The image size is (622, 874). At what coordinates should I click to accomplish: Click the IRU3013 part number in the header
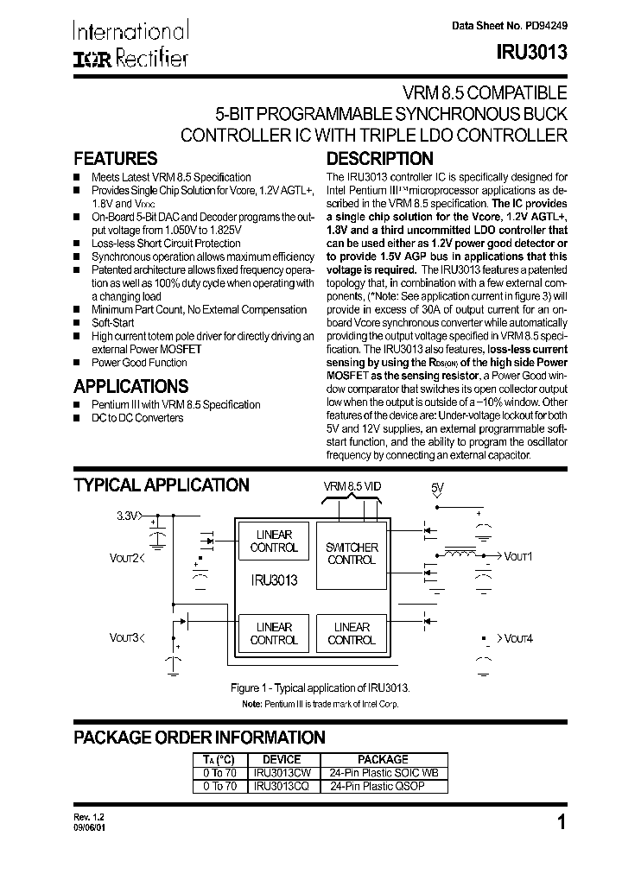tap(531, 53)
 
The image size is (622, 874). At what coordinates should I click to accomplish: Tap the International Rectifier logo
tap(130, 45)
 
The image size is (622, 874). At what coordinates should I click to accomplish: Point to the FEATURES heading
tap(116, 159)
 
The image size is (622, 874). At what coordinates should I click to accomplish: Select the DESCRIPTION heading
tap(379, 159)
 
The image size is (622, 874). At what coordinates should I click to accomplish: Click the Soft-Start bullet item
tap(118, 323)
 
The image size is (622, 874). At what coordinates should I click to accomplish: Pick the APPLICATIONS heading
tap(130, 386)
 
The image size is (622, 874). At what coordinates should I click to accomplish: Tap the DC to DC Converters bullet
tap(137, 418)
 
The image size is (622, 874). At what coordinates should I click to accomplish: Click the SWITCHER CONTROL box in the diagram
tap(352, 554)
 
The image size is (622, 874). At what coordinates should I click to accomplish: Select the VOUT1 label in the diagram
tap(517, 556)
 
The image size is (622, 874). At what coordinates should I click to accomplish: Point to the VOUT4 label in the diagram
tap(517, 638)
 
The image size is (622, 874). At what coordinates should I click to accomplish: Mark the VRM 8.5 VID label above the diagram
tap(352, 487)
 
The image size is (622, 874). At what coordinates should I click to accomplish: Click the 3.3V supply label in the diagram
tap(127, 516)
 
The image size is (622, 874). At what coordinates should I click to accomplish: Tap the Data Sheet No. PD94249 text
tap(510, 26)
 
